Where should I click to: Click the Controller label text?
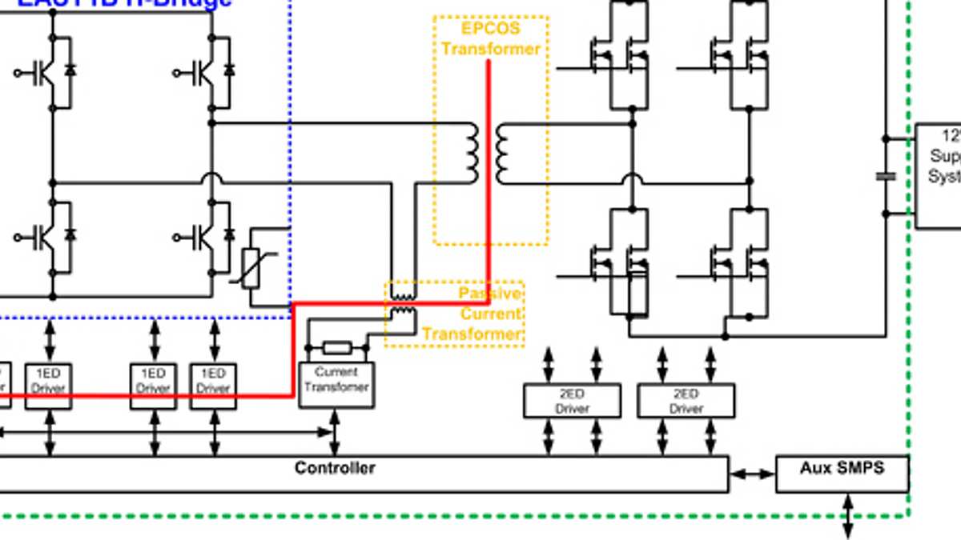[335, 468]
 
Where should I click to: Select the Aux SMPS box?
[842, 473]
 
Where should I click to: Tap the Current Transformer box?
[336, 384]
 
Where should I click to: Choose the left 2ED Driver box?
[572, 401]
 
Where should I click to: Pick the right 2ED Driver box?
[686, 401]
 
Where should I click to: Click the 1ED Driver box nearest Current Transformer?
[213, 386]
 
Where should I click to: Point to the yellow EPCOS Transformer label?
[491, 38]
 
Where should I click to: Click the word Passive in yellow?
[489, 293]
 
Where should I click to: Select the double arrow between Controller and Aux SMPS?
[752, 474]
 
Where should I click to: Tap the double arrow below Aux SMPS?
[847, 515]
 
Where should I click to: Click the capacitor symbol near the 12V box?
[886, 176]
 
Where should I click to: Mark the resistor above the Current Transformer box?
[336, 348]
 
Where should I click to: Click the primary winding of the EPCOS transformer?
[472, 153]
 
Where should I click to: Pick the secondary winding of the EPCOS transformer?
[502, 153]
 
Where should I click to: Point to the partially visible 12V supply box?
[939, 176]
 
